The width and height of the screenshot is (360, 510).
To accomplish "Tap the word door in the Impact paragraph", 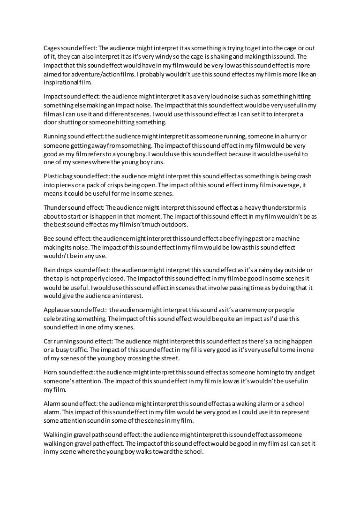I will coord(50,123).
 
